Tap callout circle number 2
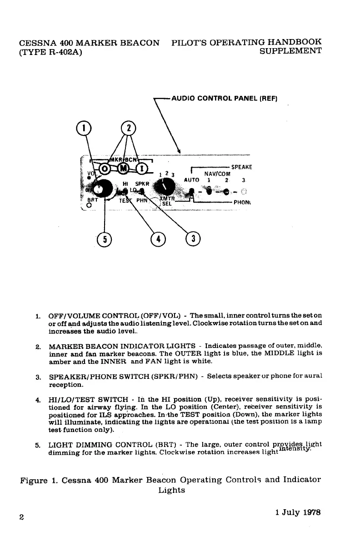[x=129, y=128]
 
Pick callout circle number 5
[x=105, y=238]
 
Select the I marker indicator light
[x=143, y=169]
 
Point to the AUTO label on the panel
[x=192, y=180]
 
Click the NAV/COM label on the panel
[x=217, y=174]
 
